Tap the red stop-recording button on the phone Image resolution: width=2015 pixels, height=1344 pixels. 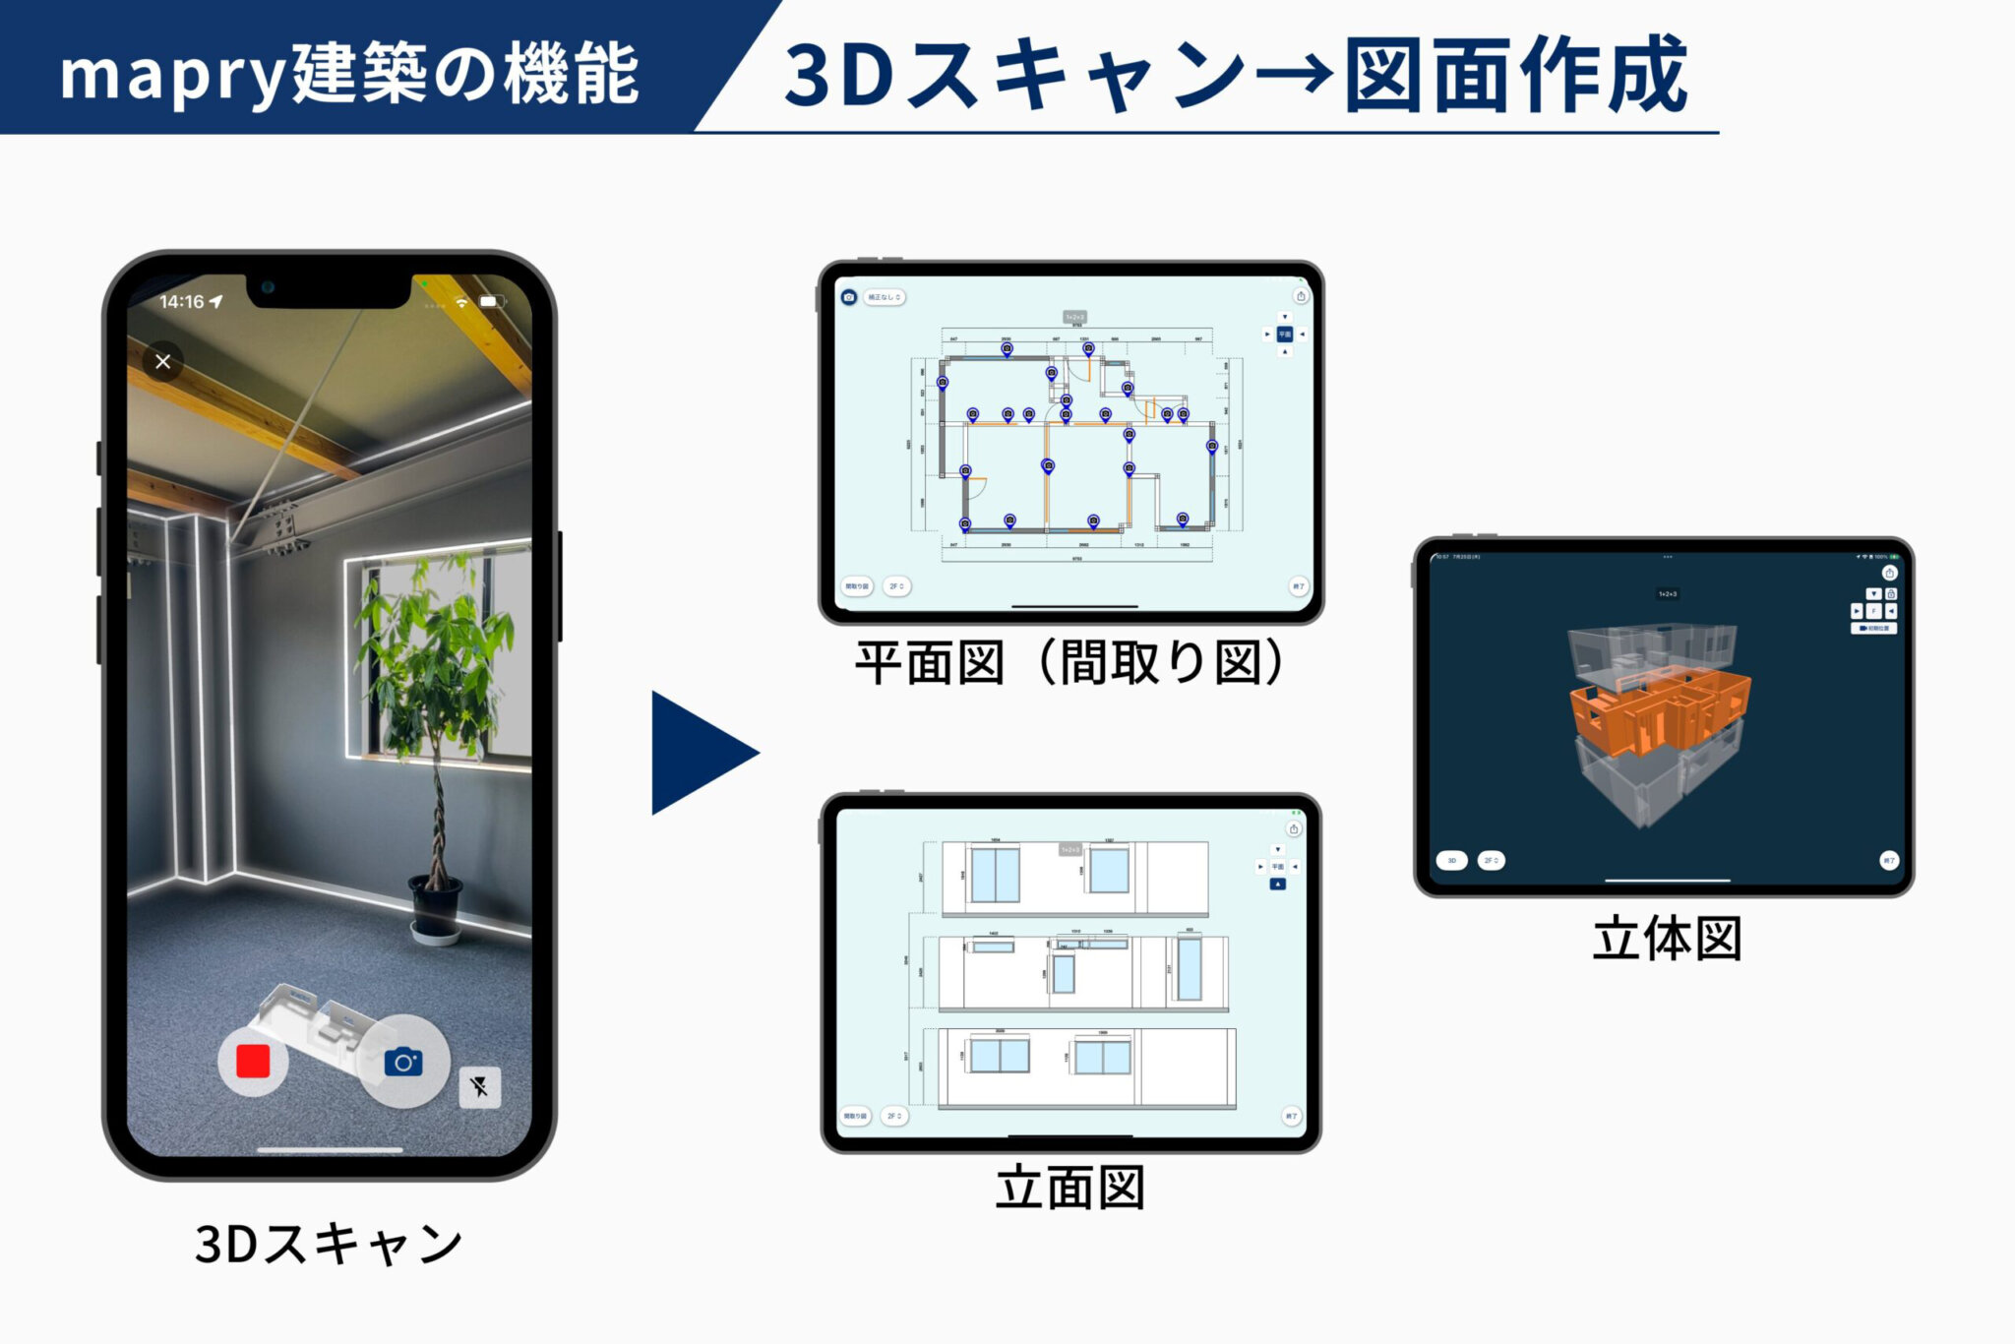pyautogui.click(x=253, y=1062)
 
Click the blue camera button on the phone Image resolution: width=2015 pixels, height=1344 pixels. pyautogui.click(x=403, y=1062)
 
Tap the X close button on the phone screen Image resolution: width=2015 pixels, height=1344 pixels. pyautogui.click(x=163, y=361)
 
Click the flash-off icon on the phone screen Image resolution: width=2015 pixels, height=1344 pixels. pyautogui.click(x=479, y=1087)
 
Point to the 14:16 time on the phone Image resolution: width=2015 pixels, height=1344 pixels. pyautogui.click(x=182, y=302)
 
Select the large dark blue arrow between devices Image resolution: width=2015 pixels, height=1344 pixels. pyautogui.click(x=701, y=753)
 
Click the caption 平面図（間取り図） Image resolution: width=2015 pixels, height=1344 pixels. pyautogui.click(x=1070, y=662)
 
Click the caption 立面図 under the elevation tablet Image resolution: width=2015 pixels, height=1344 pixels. pyautogui.click(x=1070, y=1188)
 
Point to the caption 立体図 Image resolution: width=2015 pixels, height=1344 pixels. pyautogui.click(x=1667, y=938)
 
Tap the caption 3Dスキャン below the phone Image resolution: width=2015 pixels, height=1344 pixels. pyautogui.click(x=329, y=1244)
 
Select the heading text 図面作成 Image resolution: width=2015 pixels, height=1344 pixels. pyautogui.click(x=1515, y=75)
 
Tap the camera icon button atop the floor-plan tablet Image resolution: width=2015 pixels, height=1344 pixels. pyautogui.click(x=849, y=297)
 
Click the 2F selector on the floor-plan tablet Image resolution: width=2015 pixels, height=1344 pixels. pyautogui.click(x=896, y=586)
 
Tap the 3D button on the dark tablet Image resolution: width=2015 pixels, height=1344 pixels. pyautogui.click(x=1451, y=860)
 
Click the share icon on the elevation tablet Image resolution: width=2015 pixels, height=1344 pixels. pyautogui.click(x=1294, y=829)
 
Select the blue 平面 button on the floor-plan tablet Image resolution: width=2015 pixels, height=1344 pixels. pyautogui.click(x=1284, y=335)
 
